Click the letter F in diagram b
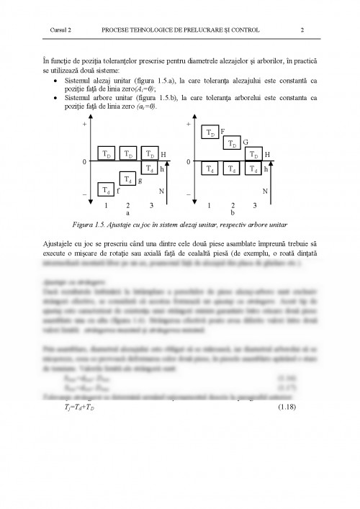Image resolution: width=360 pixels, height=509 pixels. (x=222, y=131)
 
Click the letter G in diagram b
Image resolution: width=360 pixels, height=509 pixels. (x=246, y=142)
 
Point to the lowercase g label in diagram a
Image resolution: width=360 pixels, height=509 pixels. (x=139, y=179)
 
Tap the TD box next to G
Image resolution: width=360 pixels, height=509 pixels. (x=233, y=143)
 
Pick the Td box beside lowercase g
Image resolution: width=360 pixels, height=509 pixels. (x=127, y=179)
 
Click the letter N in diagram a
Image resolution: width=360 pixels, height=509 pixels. (x=161, y=191)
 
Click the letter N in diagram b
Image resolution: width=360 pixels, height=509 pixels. (x=265, y=191)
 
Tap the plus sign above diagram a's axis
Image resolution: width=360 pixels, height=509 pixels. (x=85, y=125)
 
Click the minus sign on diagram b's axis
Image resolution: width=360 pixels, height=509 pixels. (x=189, y=195)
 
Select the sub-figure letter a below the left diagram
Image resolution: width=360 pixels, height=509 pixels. (x=128, y=213)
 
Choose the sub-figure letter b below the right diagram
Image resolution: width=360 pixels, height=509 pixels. (x=233, y=213)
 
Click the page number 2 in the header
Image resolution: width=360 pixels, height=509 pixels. (x=302, y=31)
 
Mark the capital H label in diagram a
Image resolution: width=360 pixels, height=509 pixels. (x=163, y=154)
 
